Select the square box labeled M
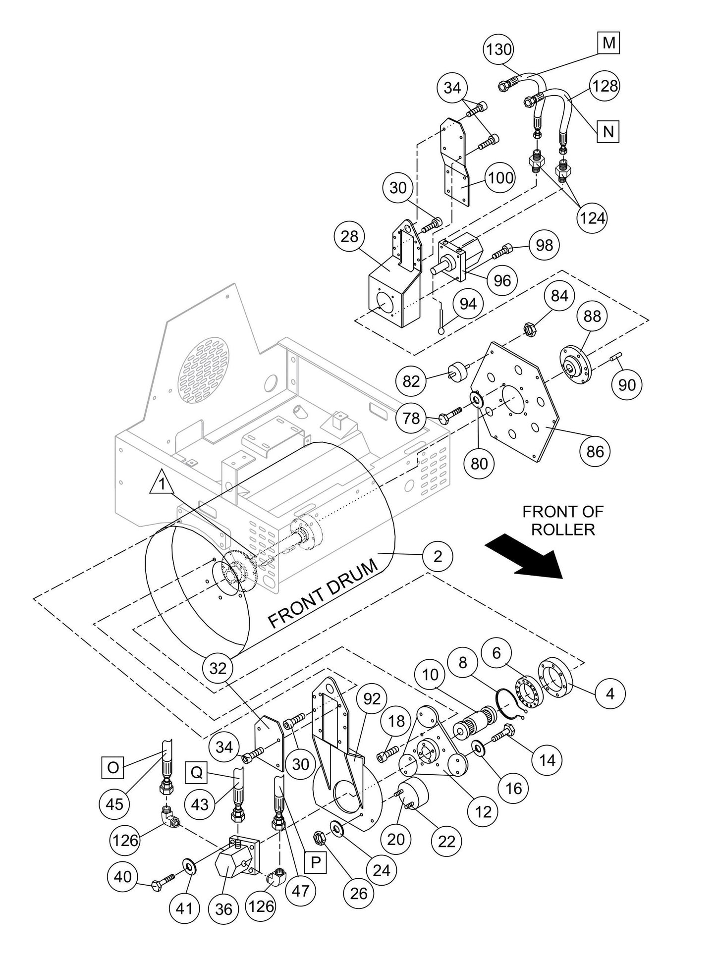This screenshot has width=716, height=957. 608,43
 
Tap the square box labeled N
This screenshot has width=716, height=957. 608,131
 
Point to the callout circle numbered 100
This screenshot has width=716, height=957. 500,177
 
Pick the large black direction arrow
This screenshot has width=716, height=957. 524,554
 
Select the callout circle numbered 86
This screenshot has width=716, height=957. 595,451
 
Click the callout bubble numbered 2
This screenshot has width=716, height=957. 438,557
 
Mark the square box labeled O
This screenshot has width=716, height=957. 113,767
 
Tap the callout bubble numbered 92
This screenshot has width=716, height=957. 372,698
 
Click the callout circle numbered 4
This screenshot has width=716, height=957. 610,693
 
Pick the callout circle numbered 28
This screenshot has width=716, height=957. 349,236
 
